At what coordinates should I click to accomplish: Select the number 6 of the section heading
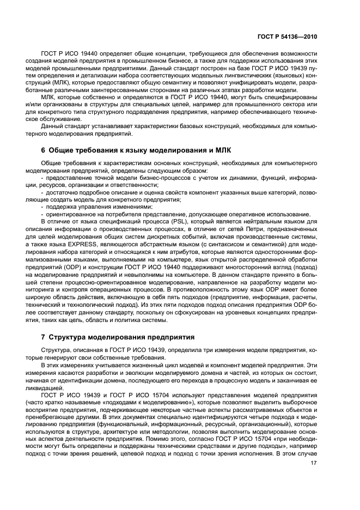pyautogui.click(x=44, y=150)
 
